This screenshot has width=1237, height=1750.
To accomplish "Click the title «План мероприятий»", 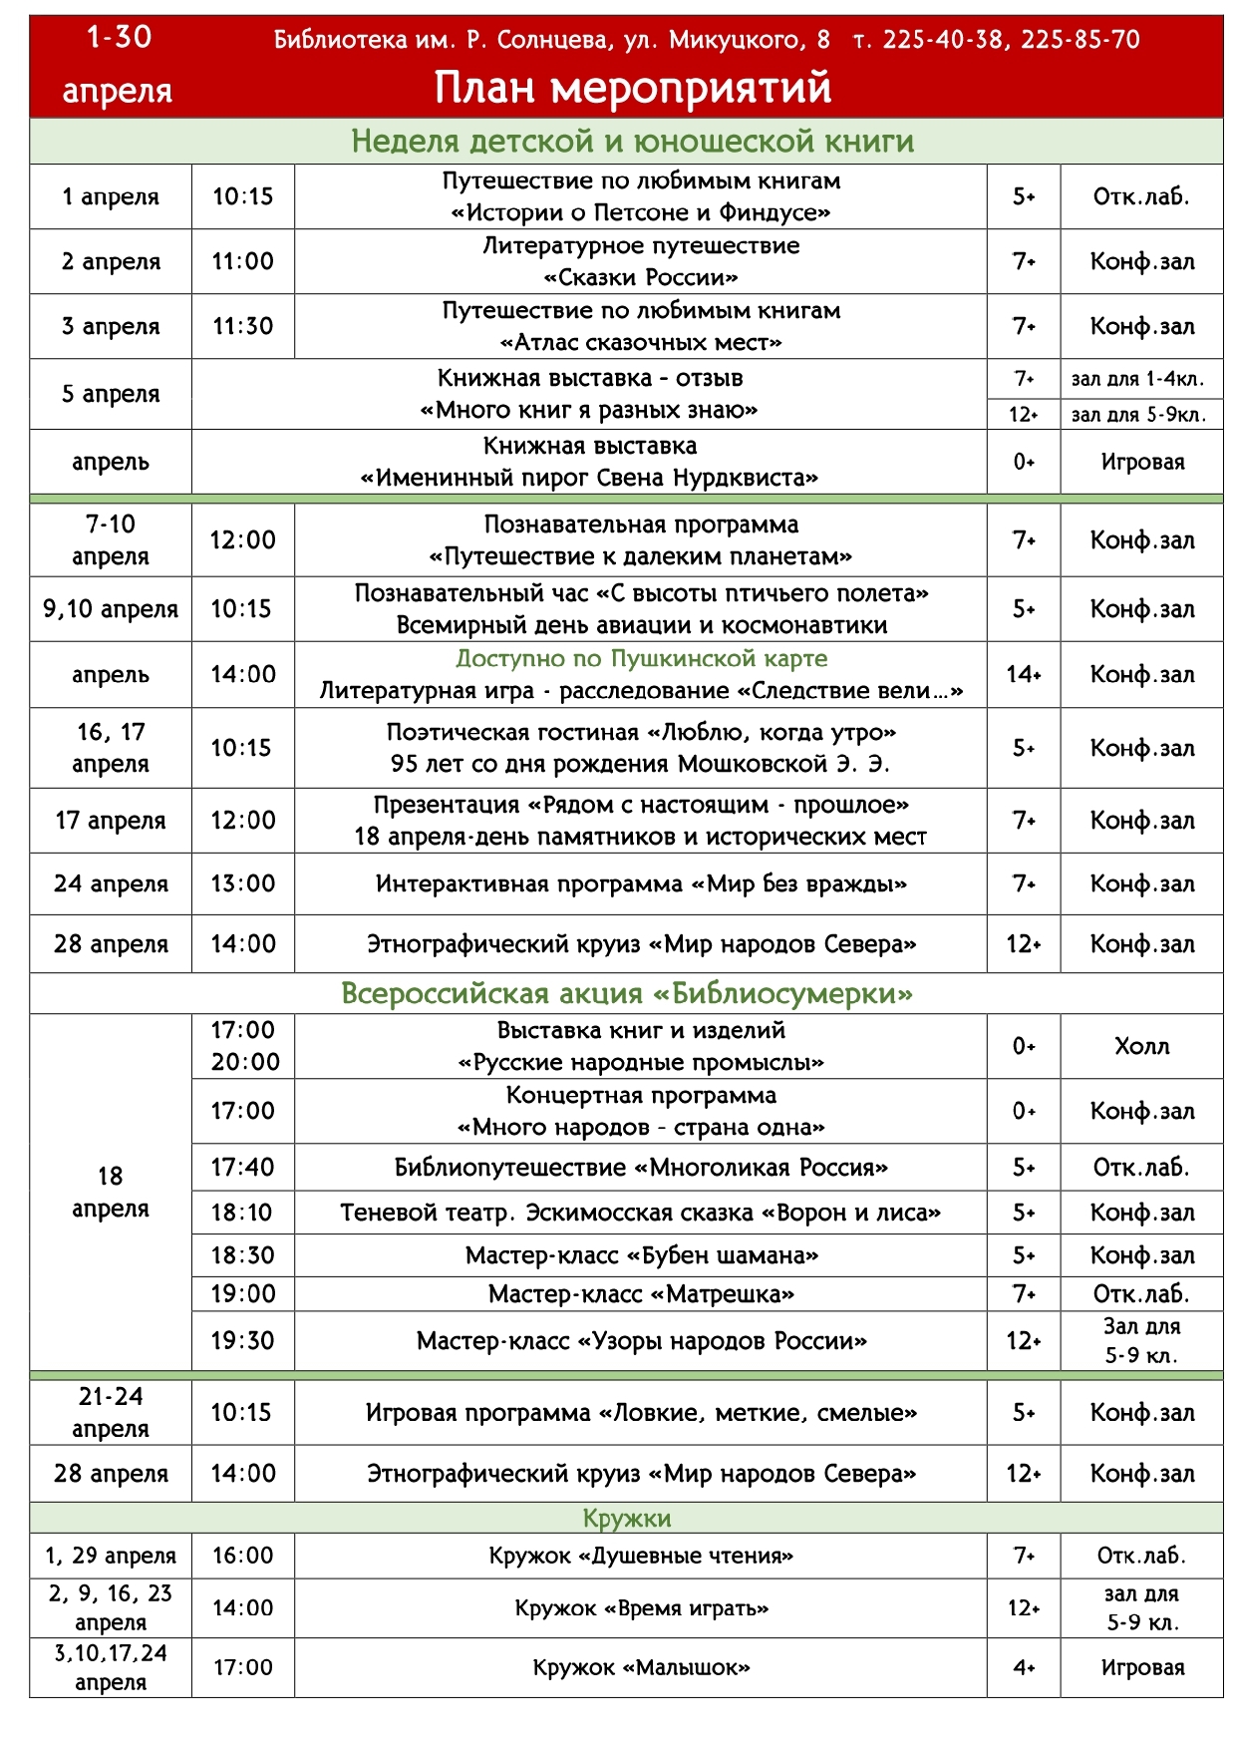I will pos(633,88).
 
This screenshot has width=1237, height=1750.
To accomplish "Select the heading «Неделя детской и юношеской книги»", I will pos(632,142).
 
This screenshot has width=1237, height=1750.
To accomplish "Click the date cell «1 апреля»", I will pos(111,196).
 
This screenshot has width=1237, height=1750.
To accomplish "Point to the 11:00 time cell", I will pos(242,261).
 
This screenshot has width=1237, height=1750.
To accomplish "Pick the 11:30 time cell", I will pos(242,326).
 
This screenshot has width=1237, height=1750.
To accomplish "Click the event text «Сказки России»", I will pos(641,277).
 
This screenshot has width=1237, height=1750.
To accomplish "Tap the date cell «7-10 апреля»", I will pos(111,539).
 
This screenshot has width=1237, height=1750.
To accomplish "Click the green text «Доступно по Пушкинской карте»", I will pos(641,659).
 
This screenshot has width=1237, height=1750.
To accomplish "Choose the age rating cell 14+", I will pos(1024,674).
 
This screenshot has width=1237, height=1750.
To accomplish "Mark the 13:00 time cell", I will pos(242,883).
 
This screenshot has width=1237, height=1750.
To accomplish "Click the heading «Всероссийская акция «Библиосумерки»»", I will pos(627,993).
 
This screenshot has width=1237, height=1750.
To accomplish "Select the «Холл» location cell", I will pos(1141,1046).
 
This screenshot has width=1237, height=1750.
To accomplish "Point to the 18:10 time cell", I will pos(242,1213).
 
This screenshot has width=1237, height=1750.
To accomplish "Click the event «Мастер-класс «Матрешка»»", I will pos(641,1294).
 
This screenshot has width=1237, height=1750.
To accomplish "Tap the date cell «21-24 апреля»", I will pos(111,1412).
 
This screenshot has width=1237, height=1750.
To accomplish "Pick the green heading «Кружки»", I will pos(627,1518).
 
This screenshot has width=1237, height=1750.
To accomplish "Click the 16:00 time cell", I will pos(242,1556).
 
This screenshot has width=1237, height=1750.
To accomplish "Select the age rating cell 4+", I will pos(1024,1667).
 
